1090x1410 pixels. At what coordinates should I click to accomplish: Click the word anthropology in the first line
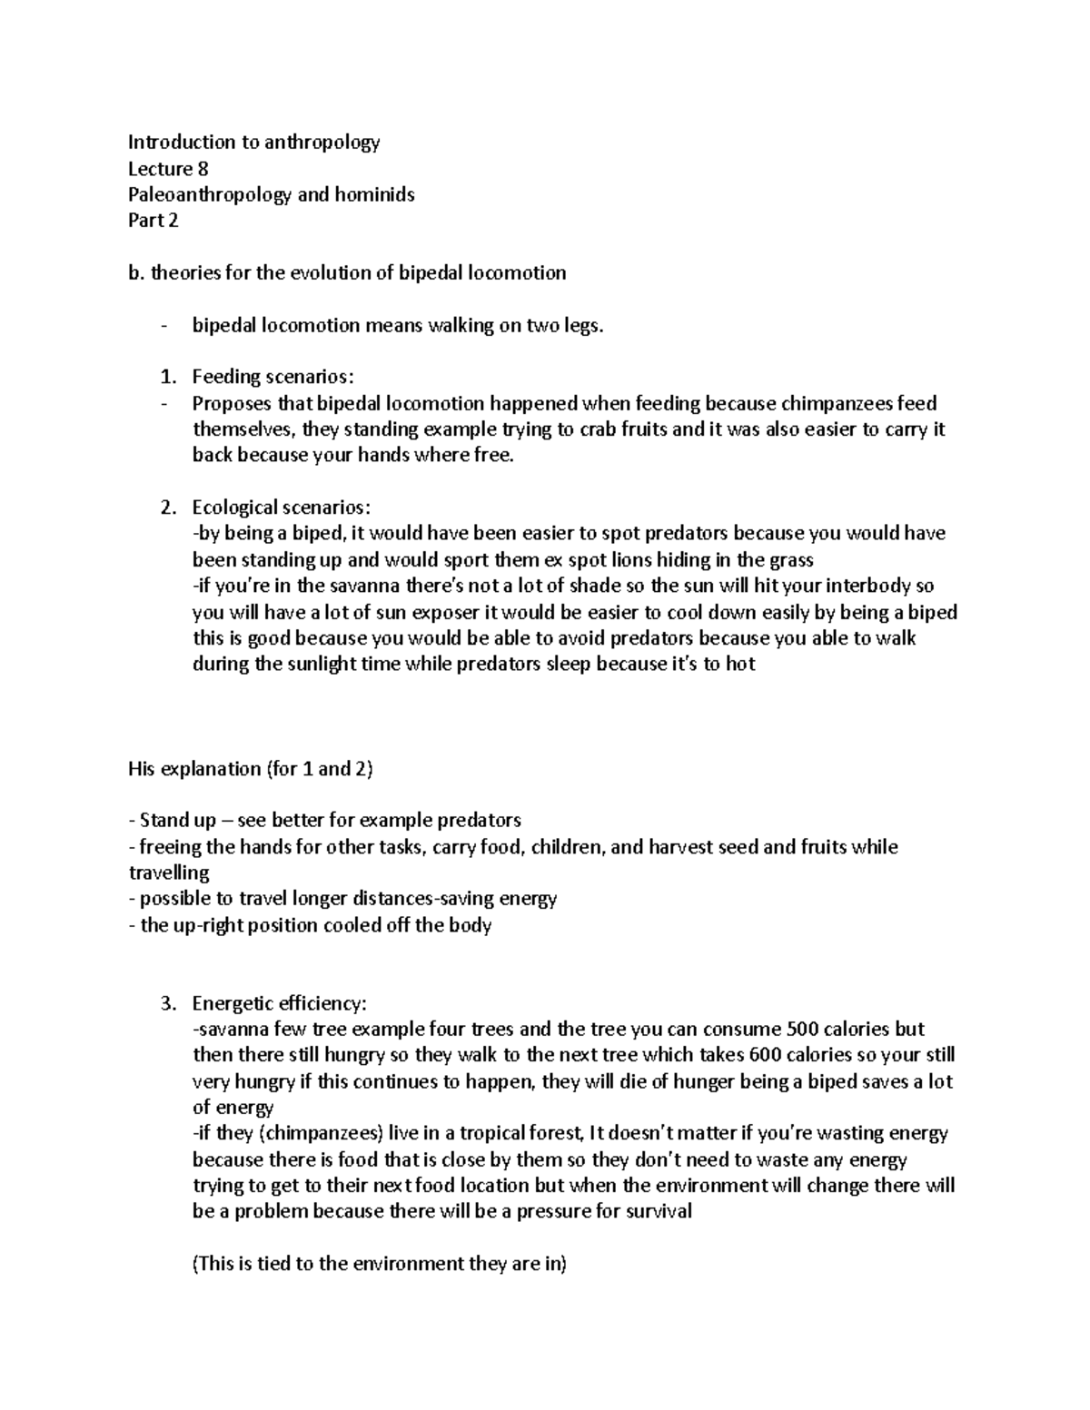click(322, 142)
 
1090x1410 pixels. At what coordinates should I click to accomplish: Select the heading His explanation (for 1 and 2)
click(251, 769)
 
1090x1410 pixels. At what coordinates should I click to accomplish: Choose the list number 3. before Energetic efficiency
click(166, 1004)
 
